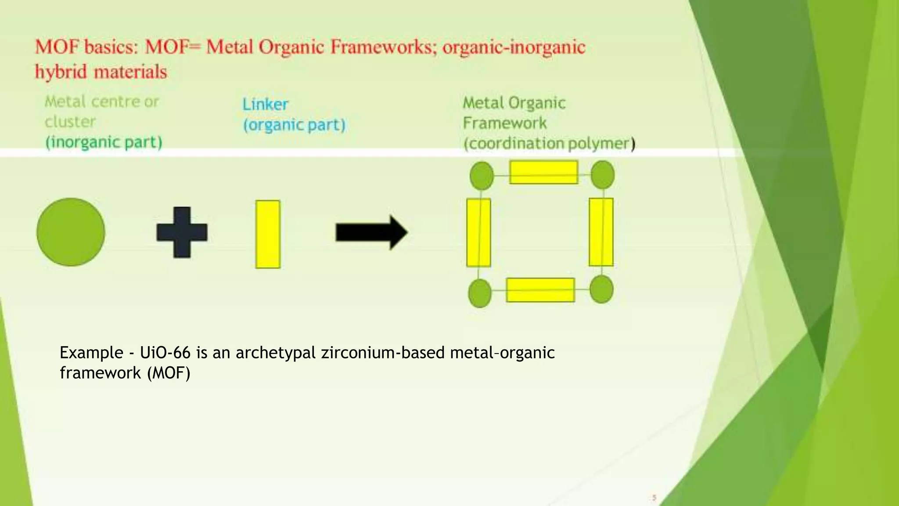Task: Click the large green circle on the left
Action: click(x=71, y=232)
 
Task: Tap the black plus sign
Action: click(x=182, y=232)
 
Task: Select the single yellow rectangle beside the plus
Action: click(x=268, y=234)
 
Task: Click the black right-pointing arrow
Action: click(x=371, y=232)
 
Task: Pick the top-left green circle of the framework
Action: click(x=482, y=176)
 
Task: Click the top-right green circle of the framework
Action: click(x=602, y=174)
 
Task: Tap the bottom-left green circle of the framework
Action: click(x=480, y=293)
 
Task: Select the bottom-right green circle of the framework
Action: click(x=601, y=289)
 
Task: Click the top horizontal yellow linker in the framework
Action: click(x=543, y=172)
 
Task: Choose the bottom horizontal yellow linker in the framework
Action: click(x=540, y=290)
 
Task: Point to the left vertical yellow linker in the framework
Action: click(x=478, y=232)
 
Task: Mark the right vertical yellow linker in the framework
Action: click(x=601, y=232)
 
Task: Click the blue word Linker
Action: click(x=265, y=105)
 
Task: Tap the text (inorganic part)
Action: click(x=104, y=142)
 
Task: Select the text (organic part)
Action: click(x=294, y=125)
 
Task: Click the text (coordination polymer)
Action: click(x=549, y=144)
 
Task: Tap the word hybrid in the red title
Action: click(x=61, y=72)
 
